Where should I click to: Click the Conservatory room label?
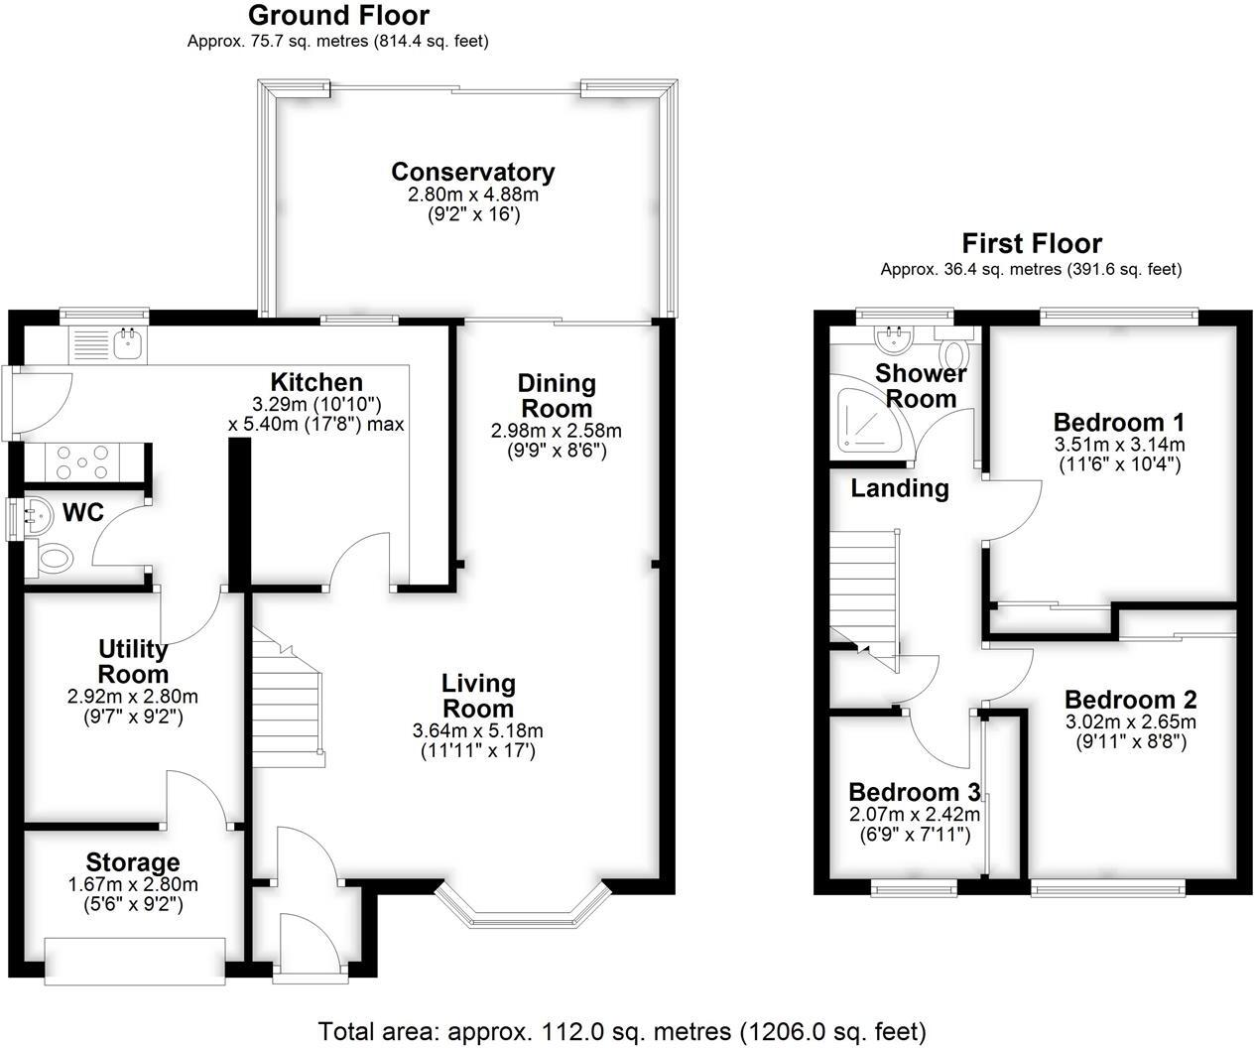472,172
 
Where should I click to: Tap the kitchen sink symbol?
128,344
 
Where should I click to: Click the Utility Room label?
132,662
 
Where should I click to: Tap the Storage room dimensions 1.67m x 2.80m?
133,885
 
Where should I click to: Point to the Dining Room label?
557,395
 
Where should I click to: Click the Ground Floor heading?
338,16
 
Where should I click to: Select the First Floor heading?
1032,243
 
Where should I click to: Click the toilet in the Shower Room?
954,352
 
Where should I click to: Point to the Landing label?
899,488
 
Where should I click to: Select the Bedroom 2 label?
1130,699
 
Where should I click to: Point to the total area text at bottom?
622,1030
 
